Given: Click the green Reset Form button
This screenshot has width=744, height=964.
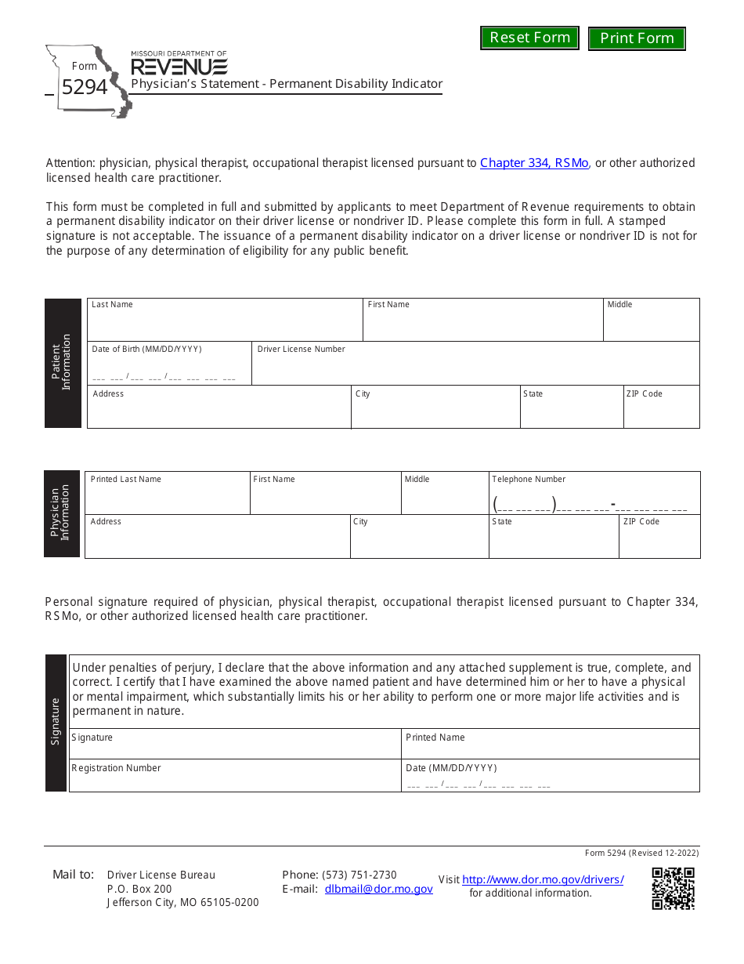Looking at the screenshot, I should click(529, 38).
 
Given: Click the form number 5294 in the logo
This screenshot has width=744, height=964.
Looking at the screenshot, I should click(85, 87).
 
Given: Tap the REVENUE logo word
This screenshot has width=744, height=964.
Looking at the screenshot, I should click(179, 67).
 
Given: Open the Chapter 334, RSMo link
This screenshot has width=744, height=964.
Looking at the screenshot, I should click(534, 163).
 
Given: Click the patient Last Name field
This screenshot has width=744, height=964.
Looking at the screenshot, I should click(224, 324).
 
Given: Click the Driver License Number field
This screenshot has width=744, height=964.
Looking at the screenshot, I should click(475, 368).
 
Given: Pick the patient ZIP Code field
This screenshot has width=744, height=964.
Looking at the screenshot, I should click(661, 412).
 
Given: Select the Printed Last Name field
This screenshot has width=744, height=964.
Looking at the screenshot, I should click(167, 498).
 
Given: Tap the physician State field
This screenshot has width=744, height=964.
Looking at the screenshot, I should click(553, 542).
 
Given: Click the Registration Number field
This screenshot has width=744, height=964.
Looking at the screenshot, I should click(234, 781).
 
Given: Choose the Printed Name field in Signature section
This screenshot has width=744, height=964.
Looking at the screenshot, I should click(550, 748).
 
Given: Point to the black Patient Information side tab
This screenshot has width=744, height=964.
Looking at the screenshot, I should click(63, 363).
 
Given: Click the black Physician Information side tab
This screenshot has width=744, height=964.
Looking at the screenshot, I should click(62, 513).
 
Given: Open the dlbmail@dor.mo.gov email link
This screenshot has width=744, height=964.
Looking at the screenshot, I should click(378, 889).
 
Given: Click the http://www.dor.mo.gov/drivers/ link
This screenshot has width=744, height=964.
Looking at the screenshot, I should click(543, 879).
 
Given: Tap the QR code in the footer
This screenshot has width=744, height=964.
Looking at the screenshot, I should click(673, 889).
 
